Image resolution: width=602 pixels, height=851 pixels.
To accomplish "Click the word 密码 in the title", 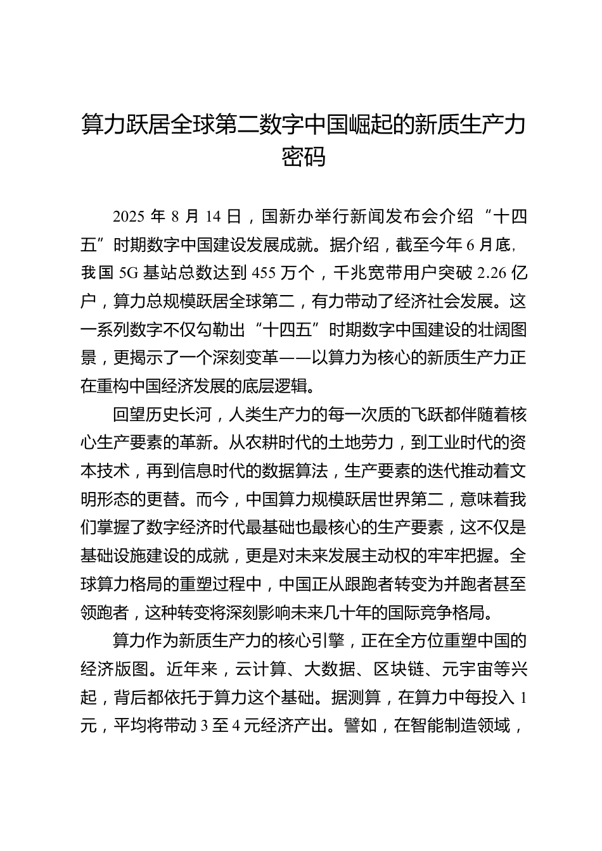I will coord(304,156).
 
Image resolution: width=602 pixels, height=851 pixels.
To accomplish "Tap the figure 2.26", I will coord(492,273).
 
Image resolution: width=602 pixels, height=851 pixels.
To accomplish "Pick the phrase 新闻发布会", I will coord(369,217).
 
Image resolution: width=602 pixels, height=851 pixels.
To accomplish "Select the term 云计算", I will coord(260,670).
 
